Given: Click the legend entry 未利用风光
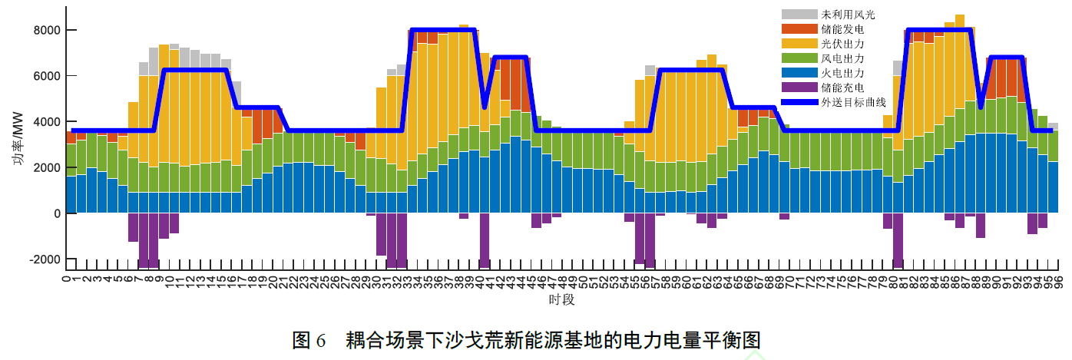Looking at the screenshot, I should pyautogui.click(x=848, y=15).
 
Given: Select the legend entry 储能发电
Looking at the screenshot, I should pyautogui.click(x=842, y=29).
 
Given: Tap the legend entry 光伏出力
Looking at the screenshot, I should pyautogui.click(x=842, y=44).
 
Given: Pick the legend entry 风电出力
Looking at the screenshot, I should pyautogui.click(x=842, y=58).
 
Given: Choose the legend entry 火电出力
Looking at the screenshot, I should pyautogui.click(x=842, y=73).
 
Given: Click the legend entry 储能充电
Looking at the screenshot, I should pyautogui.click(x=842, y=88).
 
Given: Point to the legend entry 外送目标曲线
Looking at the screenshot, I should pyautogui.click(x=853, y=102).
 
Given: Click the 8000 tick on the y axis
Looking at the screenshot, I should pyautogui.click(x=48, y=30).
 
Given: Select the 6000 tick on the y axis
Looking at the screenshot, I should pyautogui.click(x=48, y=76).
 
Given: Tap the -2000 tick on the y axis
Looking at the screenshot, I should pyautogui.click(x=45, y=259).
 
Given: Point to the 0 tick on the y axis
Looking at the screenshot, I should pyautogui.click(x=58, y=213).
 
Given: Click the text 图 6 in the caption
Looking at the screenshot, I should pyautogui.click(x=309, y=339).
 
